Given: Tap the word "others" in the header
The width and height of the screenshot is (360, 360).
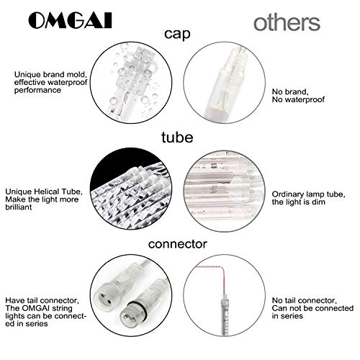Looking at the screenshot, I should click(x=286, y=22).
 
